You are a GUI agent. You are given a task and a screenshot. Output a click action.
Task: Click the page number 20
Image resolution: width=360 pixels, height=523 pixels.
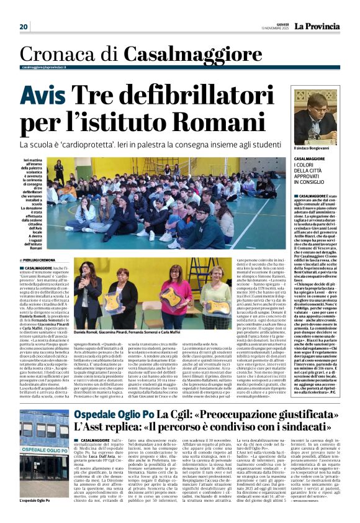coord(24,26)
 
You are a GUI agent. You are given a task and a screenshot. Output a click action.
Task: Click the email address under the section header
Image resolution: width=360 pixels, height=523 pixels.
coord(45,67)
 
